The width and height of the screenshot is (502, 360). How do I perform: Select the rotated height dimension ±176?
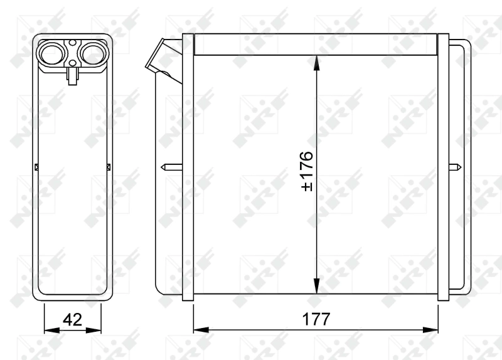click(307, 171)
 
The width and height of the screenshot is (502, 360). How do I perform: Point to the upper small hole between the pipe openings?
click(73, 44)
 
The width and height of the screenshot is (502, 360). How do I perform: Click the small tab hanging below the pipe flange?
click(73, 76)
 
